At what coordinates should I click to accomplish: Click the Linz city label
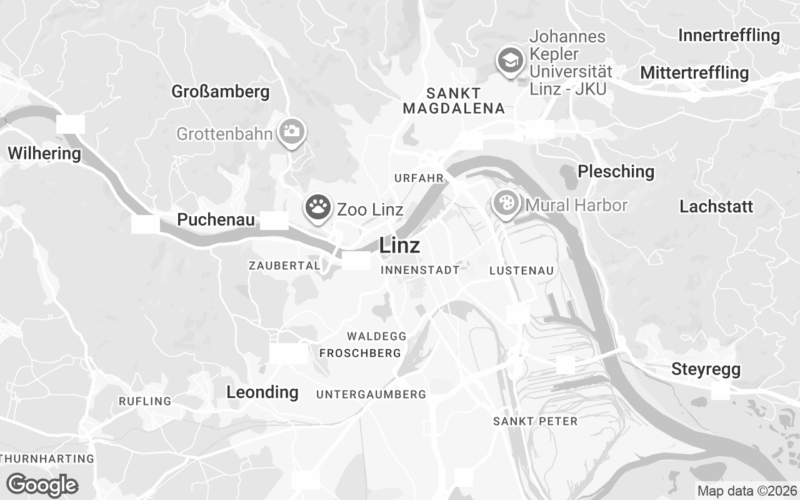(399, 246)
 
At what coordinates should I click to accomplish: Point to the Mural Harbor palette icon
(506, 203)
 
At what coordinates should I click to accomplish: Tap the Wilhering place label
(44, 153)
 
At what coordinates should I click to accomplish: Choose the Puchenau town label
(216, 220)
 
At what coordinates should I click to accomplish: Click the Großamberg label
(221, 92)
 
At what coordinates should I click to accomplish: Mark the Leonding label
(262, 392)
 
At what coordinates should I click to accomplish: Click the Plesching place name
(616, 171)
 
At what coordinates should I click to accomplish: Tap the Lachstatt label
(716, 207)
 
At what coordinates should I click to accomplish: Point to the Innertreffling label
(729, 35)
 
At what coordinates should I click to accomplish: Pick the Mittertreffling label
(694, 73)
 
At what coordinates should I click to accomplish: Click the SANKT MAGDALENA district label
(454, 101)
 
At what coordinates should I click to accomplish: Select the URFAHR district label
(419, 179)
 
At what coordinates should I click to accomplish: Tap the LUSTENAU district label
(522, 271)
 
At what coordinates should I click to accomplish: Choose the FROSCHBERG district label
(360, 354)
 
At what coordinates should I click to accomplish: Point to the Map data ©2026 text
(747, 491)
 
